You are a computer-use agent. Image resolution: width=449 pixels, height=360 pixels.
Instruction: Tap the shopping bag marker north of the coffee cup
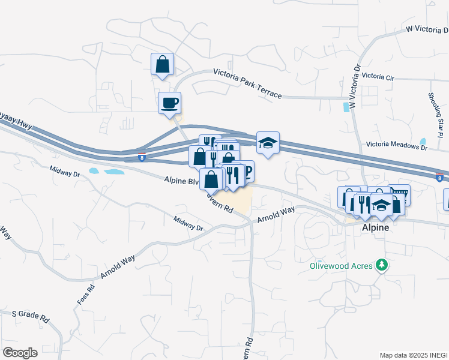(162, 64)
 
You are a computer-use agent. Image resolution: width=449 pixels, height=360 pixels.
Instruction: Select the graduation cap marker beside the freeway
(268, 142)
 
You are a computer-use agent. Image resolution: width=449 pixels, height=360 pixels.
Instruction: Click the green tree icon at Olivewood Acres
(381, 265)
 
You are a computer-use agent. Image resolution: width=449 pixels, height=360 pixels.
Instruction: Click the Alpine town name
(376, 229)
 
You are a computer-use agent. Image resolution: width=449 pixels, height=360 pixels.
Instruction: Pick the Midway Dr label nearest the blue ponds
(64, 173)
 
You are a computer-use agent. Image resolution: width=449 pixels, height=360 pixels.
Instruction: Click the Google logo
(20, 353)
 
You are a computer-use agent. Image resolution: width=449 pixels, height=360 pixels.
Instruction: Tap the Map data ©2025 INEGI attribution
(414, 355)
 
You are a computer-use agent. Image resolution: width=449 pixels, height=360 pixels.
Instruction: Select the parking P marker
(247, 171)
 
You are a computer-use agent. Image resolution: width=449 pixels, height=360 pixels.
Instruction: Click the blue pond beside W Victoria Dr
(346, 107)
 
